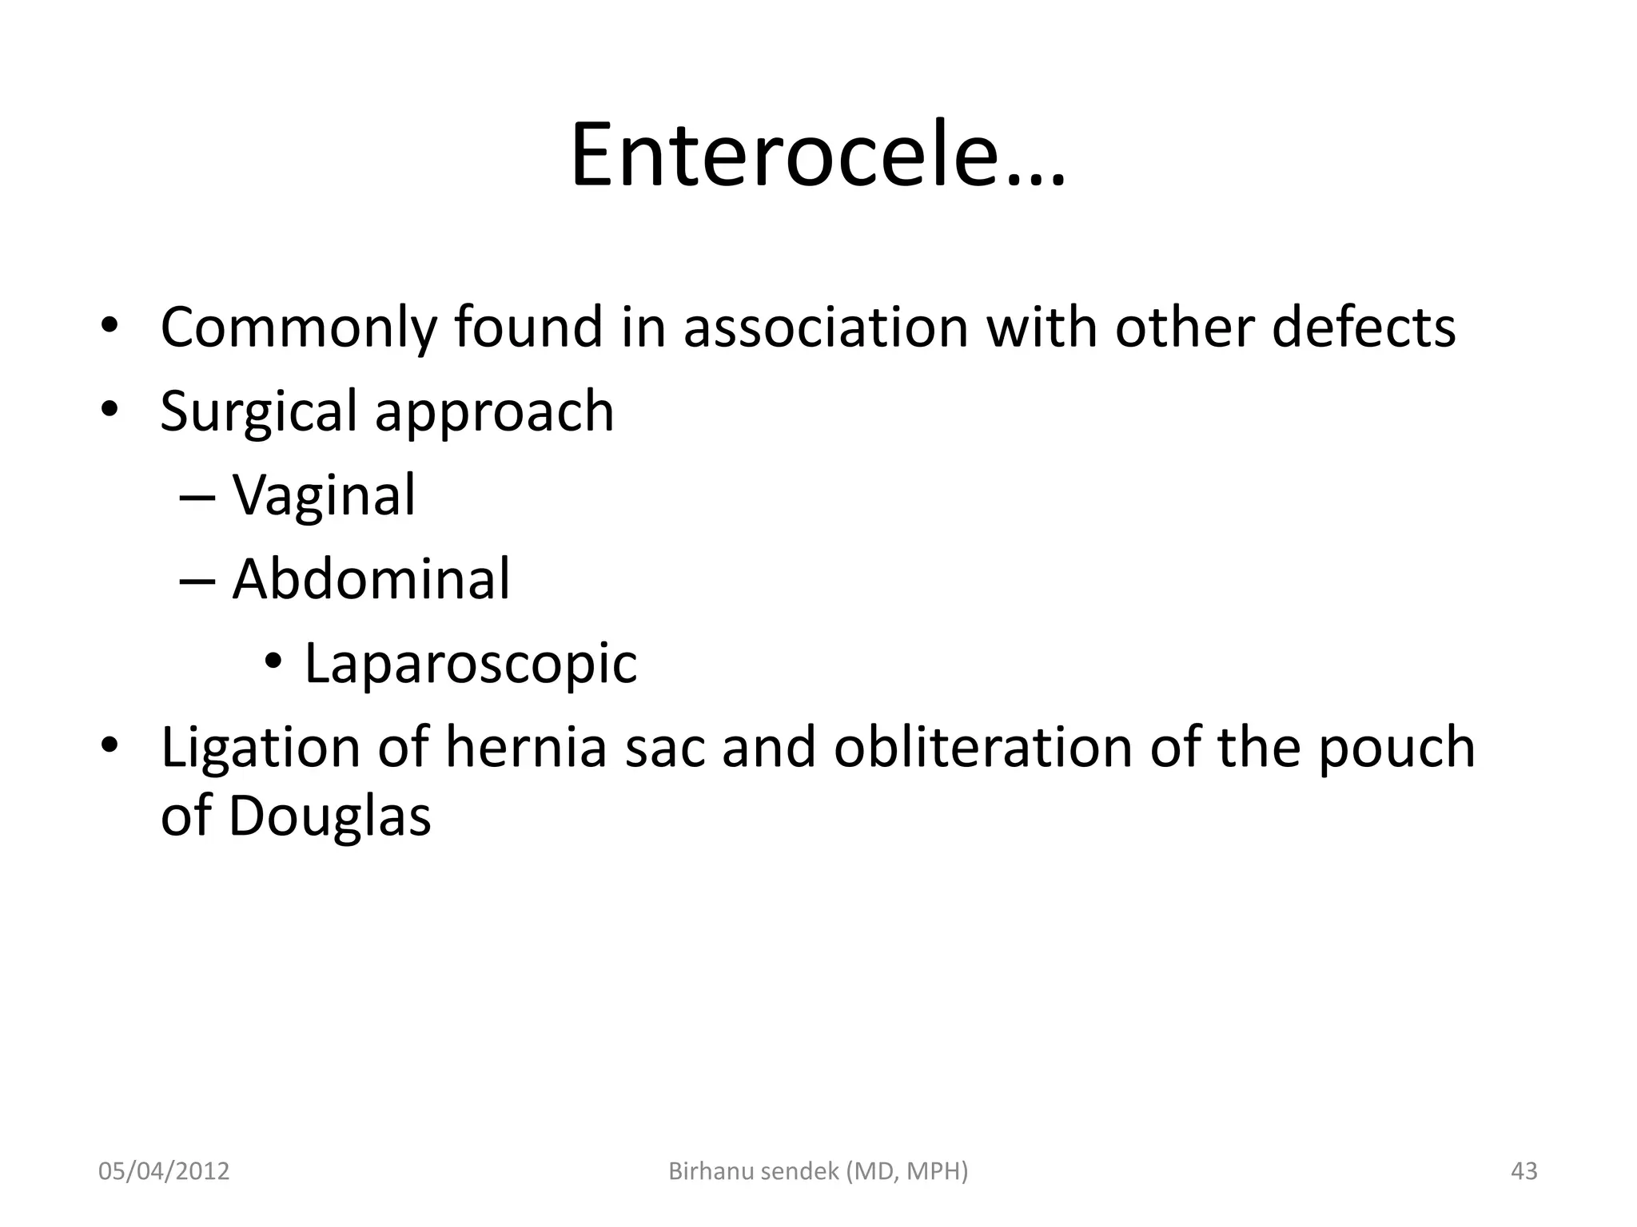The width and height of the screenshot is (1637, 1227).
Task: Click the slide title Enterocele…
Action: pos(817,155)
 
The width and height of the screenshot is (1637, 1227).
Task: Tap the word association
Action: pos(825,328)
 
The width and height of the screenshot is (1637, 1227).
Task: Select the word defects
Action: pos(1364,328)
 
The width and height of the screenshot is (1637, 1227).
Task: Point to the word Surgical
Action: pos(257,412)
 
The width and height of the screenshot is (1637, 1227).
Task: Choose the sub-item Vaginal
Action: pos(324,496)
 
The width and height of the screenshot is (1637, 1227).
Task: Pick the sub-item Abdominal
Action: pos(370,579)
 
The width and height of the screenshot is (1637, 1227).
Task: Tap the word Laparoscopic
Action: pos(471,664)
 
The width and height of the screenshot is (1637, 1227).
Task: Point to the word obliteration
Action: pos(982,747)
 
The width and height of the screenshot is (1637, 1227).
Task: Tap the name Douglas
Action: pos(329,817)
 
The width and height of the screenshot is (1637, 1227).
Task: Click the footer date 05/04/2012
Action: pos(164,1171)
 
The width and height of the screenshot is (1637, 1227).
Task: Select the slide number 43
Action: pos(1523,1171)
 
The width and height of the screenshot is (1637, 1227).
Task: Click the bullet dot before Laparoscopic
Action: pos(273,662)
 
